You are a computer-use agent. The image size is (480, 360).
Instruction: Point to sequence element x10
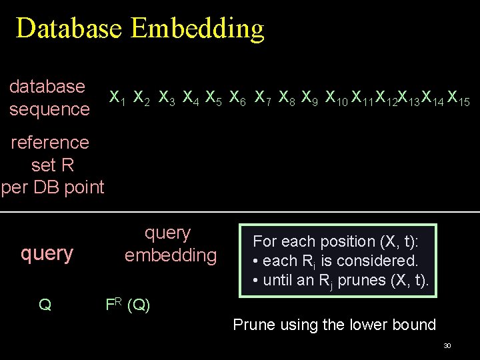[336, 98]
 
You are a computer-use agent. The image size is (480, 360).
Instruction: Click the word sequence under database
[49, 109]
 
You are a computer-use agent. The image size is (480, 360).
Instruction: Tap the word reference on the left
[50, 142]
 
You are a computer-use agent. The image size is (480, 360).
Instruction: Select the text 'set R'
[52, 165]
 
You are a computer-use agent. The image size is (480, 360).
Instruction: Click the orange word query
[47, 253]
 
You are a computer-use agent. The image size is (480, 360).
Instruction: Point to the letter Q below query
[45, 305]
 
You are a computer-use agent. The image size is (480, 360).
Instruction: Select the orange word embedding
[171, 255]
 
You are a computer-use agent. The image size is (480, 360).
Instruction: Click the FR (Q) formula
[128, 305]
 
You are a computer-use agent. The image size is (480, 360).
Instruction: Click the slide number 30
[447, 346]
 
